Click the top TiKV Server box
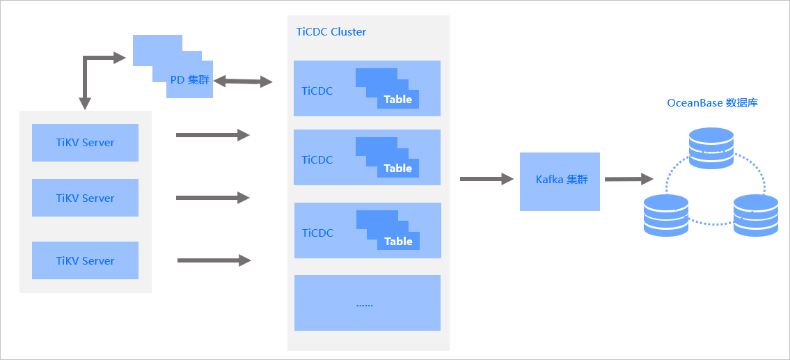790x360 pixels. pyautogui.click(x=85, y=143)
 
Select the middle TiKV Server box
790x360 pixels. pyautogui.click(x=85, y=198)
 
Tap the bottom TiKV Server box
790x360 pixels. pyautogui.click(x=85, y=260)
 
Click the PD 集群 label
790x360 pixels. pyautogui.click(x=189, y=79)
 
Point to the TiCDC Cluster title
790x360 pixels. pyautogui.click(x=331, y=32)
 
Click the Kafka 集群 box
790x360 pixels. pyautogui.click(x=560, y=182)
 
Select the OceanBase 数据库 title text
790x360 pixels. pyautogui.click(x=713, y=103)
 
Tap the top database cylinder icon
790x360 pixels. pyautogui.click(x=711, y=148)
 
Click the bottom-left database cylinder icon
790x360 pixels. pyautogui.click(x=666, y=215)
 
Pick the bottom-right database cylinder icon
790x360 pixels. pyautogui.click(x=756, y=215)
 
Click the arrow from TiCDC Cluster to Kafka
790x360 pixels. pyautogui.click(x=487, y=178)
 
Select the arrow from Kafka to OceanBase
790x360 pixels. pyautogui.click(x=629, y=178)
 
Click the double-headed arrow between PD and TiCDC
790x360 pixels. pyautogui.click(x=243, y=81)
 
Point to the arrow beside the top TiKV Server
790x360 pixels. pyautogui.click(x=212, y=134)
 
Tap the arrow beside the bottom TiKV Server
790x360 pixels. pyautogui.click(x=214, y=260)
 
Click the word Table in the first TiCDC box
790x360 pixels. pyautogui.click(x=398, y=100)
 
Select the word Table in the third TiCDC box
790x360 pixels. pyautogui.click(x=398, y=242)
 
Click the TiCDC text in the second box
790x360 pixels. pyautogui.click(x=317, y=160)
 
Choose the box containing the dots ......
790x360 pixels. pyautogui.click(x=368, y=302)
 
